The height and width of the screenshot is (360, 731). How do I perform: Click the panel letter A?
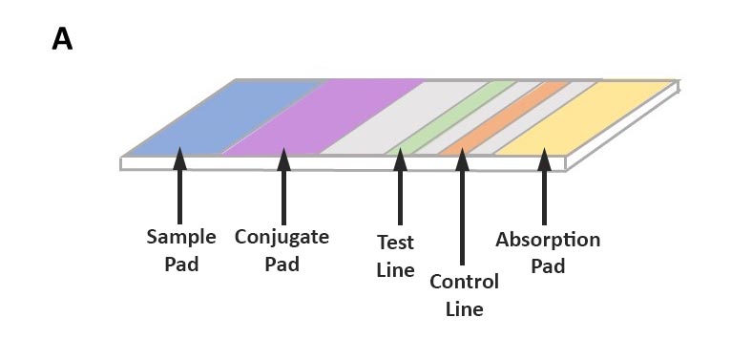click(62, 39)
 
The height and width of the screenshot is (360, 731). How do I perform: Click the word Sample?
click(181, 237)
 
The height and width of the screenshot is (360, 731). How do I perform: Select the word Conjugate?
click(282, 237)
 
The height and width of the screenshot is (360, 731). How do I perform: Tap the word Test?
click(395, 244)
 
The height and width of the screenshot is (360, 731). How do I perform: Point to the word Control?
click(464, 283)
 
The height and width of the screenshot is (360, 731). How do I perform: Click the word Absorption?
click(548, 240)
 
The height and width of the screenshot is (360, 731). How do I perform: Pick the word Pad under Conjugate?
click(282, 264)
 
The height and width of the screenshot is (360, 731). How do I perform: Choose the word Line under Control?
click(464, 308)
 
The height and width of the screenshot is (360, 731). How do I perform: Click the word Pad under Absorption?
click(548, 265)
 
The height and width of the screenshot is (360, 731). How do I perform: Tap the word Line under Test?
click(395, 270)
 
